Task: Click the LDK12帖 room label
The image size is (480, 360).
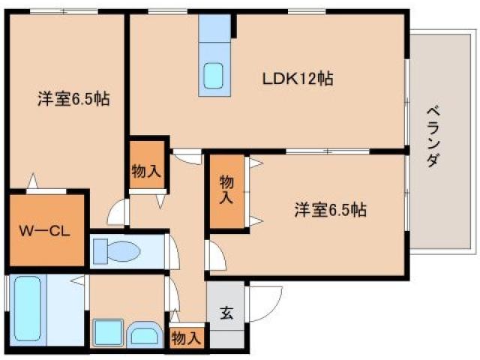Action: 297,77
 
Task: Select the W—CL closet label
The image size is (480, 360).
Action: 44,231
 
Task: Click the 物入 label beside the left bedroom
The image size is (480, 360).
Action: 145,170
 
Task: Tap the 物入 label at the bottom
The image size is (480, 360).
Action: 185,337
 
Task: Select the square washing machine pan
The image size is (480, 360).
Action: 108,333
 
